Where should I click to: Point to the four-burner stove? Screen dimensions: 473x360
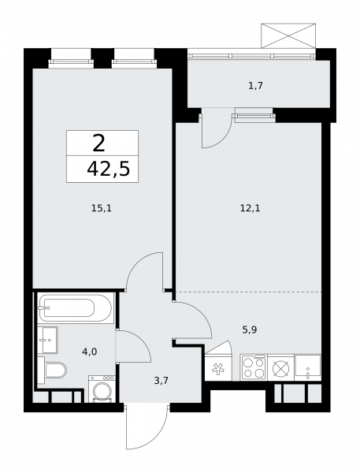[253, 367]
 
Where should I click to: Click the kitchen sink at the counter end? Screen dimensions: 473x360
[307, 367]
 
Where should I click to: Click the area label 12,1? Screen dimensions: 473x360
[249, 209]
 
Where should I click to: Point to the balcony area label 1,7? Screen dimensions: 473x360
[255, 84]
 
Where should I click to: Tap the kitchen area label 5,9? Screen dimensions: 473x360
[249, 330]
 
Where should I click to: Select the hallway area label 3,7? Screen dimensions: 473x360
[161, 380]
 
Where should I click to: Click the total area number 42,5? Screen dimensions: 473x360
[102, 169]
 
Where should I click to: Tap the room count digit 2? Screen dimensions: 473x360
[98, 143]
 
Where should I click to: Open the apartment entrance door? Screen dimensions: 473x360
[146, 430]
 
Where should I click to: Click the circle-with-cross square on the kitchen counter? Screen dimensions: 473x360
[280, 367]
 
